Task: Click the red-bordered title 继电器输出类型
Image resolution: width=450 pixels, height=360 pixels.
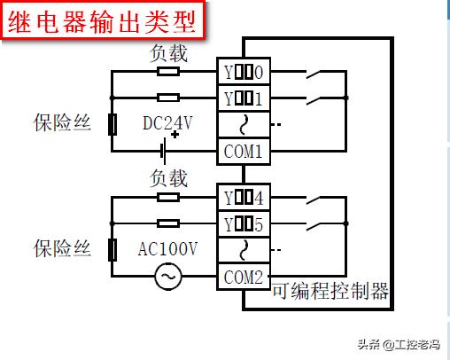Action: coord(103,21)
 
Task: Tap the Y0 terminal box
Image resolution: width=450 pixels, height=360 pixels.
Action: coord(242,71)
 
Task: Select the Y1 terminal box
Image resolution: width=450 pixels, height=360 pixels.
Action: coord(242,97)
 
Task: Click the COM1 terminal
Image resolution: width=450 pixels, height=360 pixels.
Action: coord(242,151)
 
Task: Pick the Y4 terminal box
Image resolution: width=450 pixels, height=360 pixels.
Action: coord(242,197)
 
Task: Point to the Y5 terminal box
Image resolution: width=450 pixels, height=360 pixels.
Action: coord(242,223)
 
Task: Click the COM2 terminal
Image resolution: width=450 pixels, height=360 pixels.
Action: coord(242,277)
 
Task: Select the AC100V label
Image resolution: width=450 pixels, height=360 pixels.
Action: coord(168,249)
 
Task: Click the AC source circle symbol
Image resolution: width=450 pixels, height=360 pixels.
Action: coord(167,278)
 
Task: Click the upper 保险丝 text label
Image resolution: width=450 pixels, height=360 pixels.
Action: coord(63,123)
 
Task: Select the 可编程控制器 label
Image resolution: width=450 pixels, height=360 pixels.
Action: coord(330,290)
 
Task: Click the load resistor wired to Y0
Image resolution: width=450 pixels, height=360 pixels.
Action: coord(167,71)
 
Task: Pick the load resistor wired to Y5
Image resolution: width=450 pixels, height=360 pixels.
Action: coord(167,223)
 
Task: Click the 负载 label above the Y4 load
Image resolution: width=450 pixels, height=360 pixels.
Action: coord(168,179)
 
